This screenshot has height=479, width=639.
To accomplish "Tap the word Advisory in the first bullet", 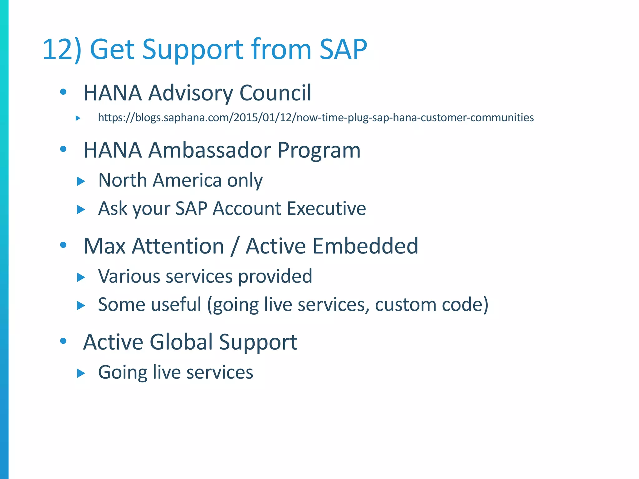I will tap(190, 93).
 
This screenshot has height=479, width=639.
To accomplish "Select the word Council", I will tap(275, 93).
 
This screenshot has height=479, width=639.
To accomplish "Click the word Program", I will tap(319, 150).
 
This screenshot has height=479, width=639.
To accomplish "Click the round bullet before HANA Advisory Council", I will tap(63, 92).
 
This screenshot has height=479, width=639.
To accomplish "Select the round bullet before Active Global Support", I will tap(63, 341).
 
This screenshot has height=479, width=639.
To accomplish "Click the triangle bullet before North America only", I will tap(81, 181).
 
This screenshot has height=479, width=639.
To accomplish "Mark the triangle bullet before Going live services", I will tap(81, 373).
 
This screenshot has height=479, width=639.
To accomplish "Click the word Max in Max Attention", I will tap(104, 246).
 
